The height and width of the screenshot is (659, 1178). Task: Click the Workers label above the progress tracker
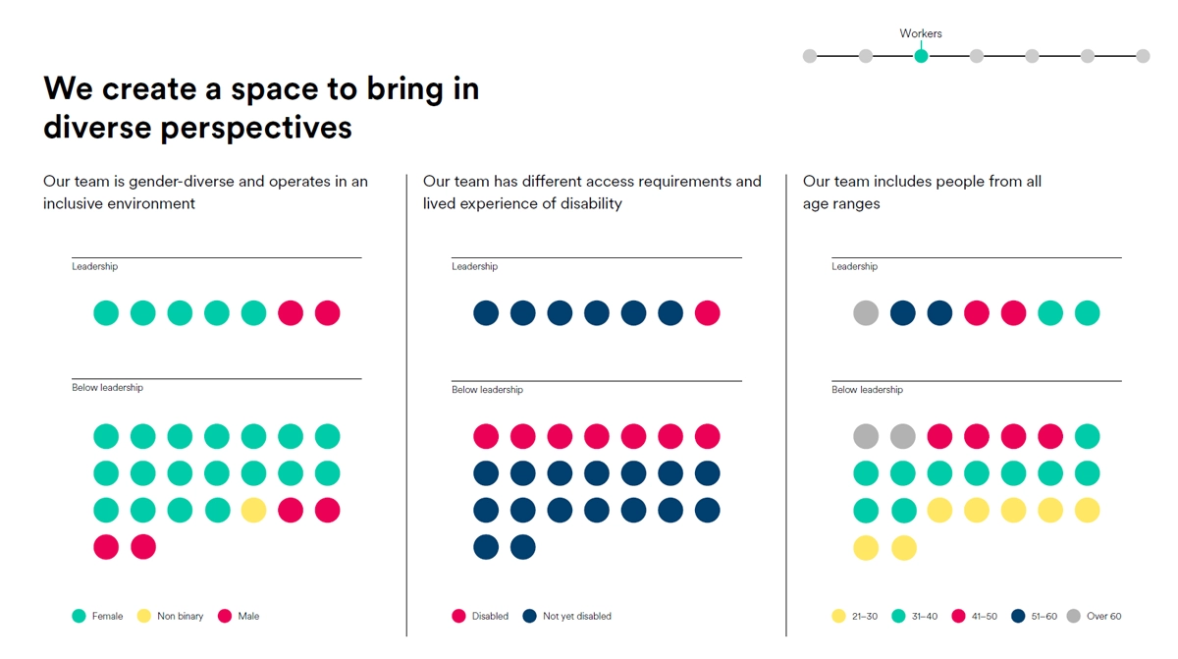[920, 33]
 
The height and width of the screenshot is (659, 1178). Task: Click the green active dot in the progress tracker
[921, 56]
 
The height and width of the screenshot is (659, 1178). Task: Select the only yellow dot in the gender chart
[253, 510]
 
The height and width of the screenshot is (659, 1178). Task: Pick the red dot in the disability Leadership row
[707, 313]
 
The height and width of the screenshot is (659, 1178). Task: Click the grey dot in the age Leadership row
[866, 313]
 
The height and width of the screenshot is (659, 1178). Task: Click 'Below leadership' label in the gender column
[107, 387]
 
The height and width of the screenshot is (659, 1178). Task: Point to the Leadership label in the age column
[854, 266]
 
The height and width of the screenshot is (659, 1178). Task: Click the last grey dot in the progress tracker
[1143, 56]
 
